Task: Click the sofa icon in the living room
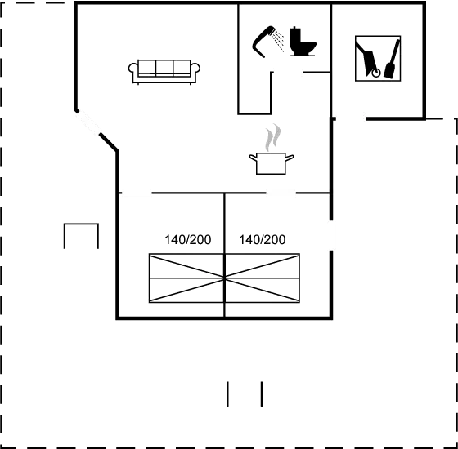(164, 72)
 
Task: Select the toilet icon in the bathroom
(303, 42)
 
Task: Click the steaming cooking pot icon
(272, 163)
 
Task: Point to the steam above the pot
(273, 137)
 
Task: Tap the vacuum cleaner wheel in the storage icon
(376, 73)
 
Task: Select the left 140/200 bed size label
(188, 240)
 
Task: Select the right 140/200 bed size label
(263, 240)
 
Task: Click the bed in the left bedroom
(186, 278)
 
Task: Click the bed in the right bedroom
(263, 278)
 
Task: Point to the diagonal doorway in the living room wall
(88, 122)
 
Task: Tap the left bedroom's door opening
(137, 193)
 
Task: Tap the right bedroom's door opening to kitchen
(281, 193)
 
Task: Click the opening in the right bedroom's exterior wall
(331, 235)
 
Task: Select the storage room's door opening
(350, 118)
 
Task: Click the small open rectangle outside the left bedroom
(81, 224)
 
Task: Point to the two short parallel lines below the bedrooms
(245, 393)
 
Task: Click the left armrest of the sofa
(132, 69)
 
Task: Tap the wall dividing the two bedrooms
(224, 255)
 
